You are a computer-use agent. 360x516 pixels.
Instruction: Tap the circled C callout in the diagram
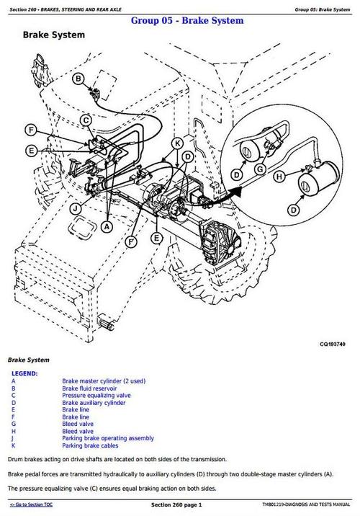coord(86,120)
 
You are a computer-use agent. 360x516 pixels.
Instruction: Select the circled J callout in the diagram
coord(76,209)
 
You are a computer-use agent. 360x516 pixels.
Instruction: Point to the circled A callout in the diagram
coord(107,226)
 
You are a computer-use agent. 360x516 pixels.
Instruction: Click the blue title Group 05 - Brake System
coord(187,21)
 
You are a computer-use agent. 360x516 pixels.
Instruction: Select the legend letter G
coord(13,424)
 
